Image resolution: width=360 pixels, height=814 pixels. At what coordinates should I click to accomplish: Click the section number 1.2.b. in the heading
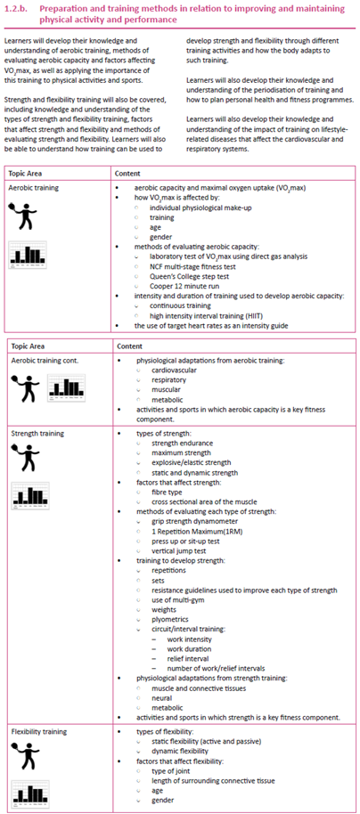point(19,7)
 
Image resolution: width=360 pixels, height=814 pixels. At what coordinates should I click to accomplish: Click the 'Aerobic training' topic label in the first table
point(32,190)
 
